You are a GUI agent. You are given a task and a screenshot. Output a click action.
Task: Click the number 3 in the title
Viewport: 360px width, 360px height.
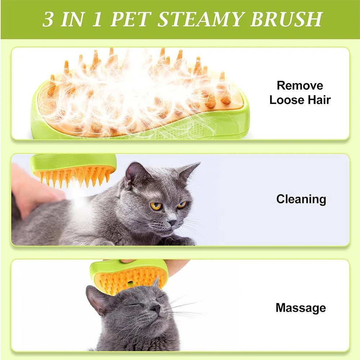tap(48, 20)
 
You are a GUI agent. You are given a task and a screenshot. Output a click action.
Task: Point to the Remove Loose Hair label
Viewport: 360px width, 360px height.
tap(300, 93)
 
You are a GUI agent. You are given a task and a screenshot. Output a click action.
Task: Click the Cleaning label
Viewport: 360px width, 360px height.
tap(301, 199)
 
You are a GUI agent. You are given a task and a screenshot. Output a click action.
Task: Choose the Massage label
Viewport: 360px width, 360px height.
tap(301, 308)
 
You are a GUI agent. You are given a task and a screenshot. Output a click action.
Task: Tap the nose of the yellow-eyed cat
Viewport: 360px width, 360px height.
tap(172, 223)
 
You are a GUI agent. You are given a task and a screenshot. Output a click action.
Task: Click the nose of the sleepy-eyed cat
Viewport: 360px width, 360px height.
tap(155, 307)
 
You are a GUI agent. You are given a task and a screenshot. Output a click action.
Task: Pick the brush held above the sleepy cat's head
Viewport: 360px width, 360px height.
tap(129, 275)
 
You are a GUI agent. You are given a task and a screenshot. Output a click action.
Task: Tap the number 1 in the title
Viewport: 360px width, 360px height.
tap(98, 20)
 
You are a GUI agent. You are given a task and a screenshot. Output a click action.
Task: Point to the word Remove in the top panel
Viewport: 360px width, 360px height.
tap(300, 86)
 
